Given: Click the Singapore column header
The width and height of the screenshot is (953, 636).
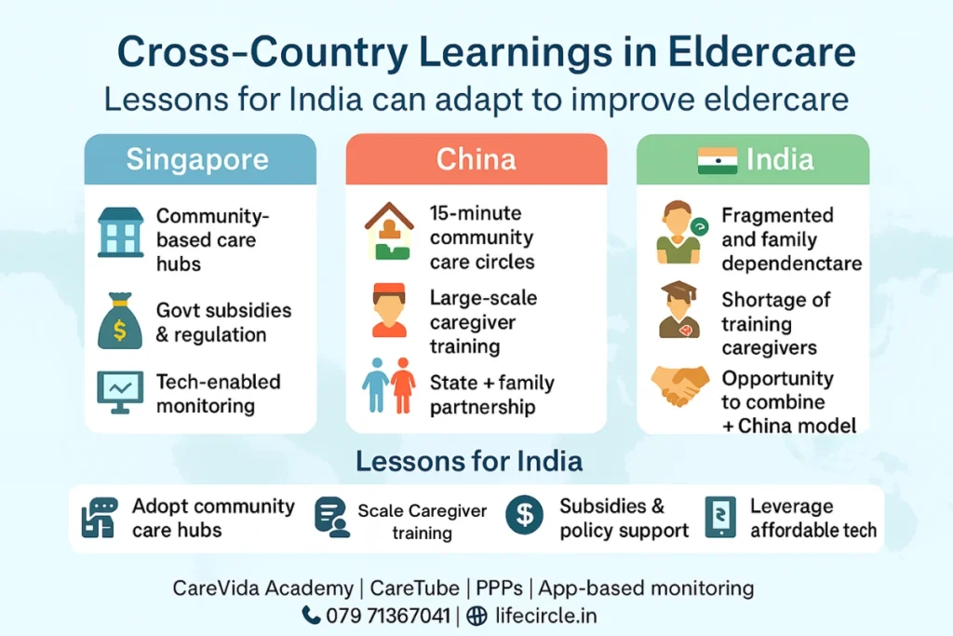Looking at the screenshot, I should (197, 158).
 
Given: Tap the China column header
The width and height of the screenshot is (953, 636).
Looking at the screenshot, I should (476, 158).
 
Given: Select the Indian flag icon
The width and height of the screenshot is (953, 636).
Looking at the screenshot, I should (717, 160).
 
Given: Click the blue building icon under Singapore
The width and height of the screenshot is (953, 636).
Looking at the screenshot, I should (121, 232).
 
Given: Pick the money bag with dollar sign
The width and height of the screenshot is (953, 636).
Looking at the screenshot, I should (120, 321).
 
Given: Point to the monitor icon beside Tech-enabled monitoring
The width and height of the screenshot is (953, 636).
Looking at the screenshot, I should (120, 392).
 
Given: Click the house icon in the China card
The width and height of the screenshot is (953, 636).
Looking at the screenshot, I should (389, 231).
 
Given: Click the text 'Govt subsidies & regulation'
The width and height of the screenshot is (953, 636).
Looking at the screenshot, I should (223, 322).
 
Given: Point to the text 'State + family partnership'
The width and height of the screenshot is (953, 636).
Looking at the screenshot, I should (491, 394).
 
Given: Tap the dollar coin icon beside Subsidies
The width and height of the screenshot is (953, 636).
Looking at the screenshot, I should (524, 516).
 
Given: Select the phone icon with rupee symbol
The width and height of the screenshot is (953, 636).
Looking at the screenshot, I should (720, 518).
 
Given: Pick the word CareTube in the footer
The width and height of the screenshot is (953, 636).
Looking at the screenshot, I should (414, 588).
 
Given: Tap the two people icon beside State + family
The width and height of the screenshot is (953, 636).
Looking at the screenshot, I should (389, 385).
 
